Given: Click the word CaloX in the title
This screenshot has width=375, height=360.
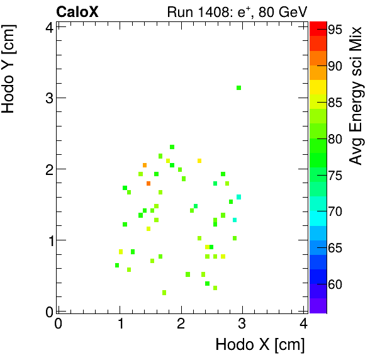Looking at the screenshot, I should click(77, 11).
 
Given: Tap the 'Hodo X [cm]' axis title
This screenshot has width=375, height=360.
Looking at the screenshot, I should click(260, 345).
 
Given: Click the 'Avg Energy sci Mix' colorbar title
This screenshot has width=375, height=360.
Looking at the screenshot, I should click(357, 95).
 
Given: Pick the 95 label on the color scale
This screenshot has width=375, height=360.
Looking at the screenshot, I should click(335, 30).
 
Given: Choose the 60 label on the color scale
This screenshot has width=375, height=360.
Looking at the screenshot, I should click(335, 284).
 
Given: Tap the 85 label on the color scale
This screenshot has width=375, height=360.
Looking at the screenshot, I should click(335, 103).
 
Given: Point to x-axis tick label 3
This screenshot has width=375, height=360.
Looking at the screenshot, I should click(242, 324).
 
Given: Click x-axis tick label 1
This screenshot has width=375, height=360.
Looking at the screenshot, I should click(120, 324).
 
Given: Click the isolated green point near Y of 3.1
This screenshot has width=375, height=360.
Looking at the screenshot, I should click(238, 88).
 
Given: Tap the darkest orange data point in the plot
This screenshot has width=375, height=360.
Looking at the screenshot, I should click(148, 183).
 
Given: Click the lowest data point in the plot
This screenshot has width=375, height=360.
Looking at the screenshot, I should click(164, 293).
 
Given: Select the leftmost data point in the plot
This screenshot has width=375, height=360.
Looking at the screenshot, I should click(117, 265).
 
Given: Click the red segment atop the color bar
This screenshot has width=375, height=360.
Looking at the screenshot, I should click(318, 26).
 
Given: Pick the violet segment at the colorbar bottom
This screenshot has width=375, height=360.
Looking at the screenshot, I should click(318, 306).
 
